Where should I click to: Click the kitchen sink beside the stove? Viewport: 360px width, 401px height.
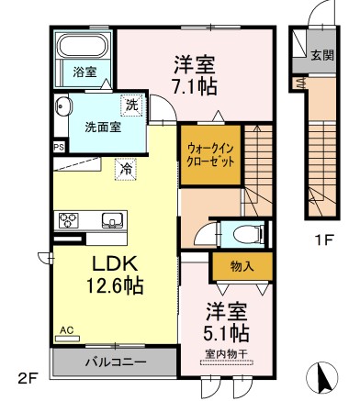click(112, 219)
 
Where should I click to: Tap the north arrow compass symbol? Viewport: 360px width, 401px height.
click(322, 377)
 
